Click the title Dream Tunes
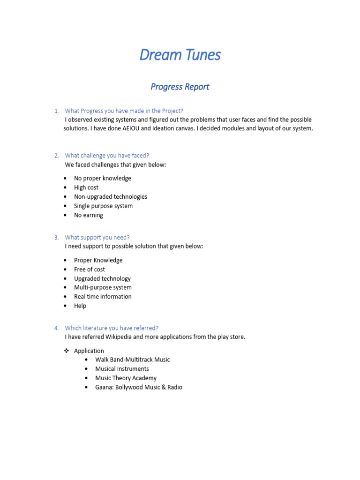pyautogui.click(x=180, y=55)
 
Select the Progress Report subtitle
pyautogui.click(x=180, y=87)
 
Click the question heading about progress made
pyautogui.click(x=124, y=111)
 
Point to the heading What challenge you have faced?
pyautogui.click(x=107, y=155)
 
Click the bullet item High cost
pyautogui.click(x=86, y=187)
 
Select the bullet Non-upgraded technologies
pyautogui.click(x=111, y=197)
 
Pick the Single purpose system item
pyautogui.click(x=103, y=206)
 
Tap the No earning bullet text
pyautogui.click(x=89, y=215)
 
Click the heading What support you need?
pyautogui.click(x=97, y=237)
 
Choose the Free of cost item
pyautogui.click(x=90, y=270)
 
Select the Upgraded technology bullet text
pyautogui.click(x=102, y=278)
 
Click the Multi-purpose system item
pyautogui.click(x=103, y=287)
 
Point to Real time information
pyautogui.click(x=103, y=297)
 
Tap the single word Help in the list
pyautogui.click(x=80, y=306)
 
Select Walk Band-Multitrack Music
pyautogui.click(x=133, y=360)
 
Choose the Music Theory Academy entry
pyautogui.click(x=126, y=378)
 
